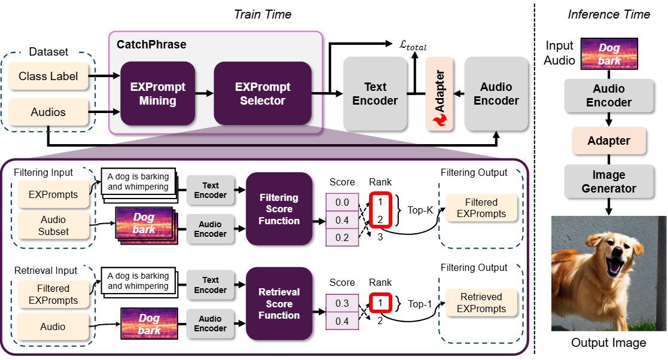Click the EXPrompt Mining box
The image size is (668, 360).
pyautogui.click(x=158, y=94)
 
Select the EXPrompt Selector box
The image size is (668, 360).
pyautogui.click(x=263, y=94)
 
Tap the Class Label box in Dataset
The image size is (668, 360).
pyautogui.click(x=48, y=76)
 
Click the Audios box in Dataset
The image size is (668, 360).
pyautogui.click(x=48, y=112)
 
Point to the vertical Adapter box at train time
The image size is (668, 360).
pyautogui.click(x=440, y=94)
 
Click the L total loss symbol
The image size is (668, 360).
pyautogui.click(x=413, y=45)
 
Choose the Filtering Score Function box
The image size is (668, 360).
pyautogui.click(x=279, y=208)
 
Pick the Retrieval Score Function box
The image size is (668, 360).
pyautogui.click(x=279, y=303)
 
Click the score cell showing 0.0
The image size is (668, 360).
pyautogui.click(x=342, y=203)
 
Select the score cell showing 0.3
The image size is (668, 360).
pyautogui.click(x=342, y=303)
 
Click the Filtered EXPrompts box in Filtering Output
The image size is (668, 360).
pyautogui.click(x=481, y=208)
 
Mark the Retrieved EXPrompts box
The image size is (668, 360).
pyautogui.click(x=481, y=303)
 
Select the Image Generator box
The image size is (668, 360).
pyautogui.click(x=609, y=182)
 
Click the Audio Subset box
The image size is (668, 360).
pyautogui.click(x=53, y=226)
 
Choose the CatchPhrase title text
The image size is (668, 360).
pyautogui.click(x=151, y=45)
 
